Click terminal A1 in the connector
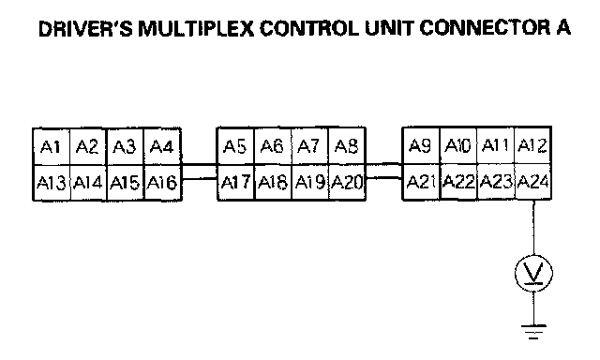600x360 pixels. tap(52, 146)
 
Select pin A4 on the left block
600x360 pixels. tap(162, 146)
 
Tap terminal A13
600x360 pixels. tap(52, 183)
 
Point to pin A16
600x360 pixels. tap(162, 183)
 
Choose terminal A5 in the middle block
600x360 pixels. tap(235, 145)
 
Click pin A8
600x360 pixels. tap(347, 145)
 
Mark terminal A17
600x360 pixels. tap(235, 182)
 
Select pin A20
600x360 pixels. tap(347, 182)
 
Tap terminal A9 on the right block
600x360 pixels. tap(421, 145)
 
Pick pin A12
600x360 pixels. tap(532, 145)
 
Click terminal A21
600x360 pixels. tap(421, 182)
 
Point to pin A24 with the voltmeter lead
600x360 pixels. tap(532, 182)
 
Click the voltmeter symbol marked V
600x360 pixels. tap(533, 273)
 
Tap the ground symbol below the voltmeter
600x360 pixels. tap(533, 332)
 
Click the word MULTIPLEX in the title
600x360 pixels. tap(196, 29)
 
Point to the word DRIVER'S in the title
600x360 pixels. tap(85, 29)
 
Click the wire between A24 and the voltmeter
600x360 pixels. tap(533, 227)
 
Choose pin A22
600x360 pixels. tap(458, 182)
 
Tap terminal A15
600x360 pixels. tap(125, 183)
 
